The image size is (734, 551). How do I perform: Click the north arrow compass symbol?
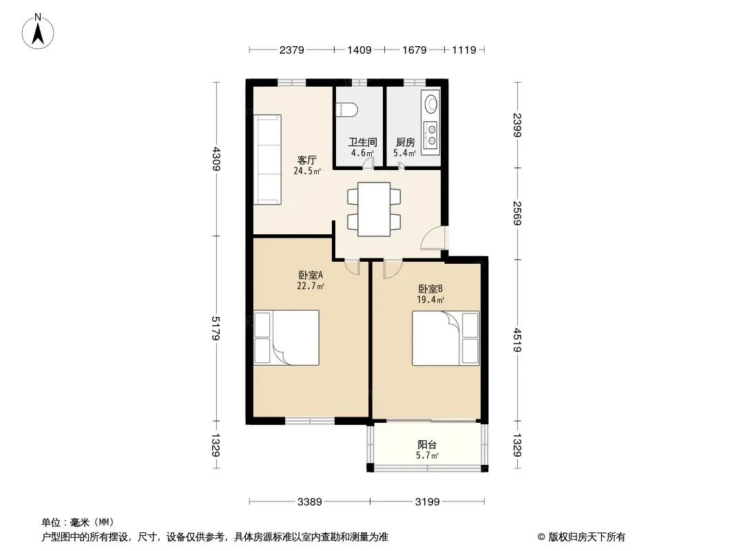click(38, 32)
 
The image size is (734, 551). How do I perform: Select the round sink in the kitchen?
click(430, 103)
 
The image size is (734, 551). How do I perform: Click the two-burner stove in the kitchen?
click(430, 134)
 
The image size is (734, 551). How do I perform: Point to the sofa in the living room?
click(267, 160)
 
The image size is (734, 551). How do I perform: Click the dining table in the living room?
click(374, 209)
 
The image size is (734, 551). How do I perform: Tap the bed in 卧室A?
click(286, 337)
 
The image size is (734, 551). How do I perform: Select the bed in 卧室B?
click(445, 338)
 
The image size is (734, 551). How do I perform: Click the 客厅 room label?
click(307, 160)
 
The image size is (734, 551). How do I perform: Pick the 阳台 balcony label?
click(428, 444)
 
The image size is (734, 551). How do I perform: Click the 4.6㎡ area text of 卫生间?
click(362, 153)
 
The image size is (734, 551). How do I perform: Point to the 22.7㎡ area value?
click(311, 286)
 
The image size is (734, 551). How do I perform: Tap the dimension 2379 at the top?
click(292, 50)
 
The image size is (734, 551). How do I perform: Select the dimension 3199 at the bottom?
click(428, 502)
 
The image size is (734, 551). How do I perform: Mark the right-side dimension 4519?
click(517, 340)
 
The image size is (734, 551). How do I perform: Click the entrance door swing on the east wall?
click(434, 238)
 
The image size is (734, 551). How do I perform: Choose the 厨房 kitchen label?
click(406, 142)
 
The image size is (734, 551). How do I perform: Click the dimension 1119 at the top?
click(464, 50)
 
